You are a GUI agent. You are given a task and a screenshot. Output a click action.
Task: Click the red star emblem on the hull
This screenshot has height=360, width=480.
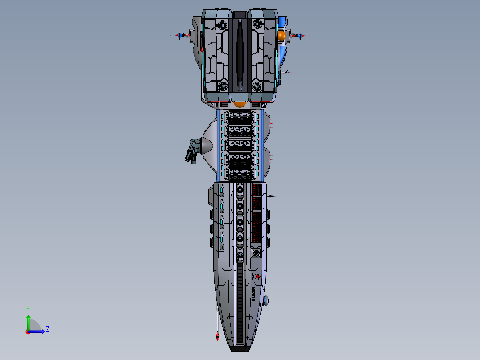click(257, 277)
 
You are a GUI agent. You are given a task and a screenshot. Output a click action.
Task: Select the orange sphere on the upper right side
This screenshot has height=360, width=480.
click(282, 36)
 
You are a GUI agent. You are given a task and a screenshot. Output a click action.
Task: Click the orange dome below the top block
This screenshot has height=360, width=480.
click(240, 104)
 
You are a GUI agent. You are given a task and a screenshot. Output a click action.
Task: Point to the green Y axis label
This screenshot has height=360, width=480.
click(28, 309)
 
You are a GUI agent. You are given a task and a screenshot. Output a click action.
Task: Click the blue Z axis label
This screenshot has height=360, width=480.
click(47, 329)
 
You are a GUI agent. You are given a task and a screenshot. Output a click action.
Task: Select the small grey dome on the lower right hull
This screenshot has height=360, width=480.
click(267, 301)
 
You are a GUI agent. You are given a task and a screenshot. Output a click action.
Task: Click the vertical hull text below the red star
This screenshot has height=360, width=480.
click(253, 294)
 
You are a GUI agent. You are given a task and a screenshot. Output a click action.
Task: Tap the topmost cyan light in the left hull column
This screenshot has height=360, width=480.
click(221, 191)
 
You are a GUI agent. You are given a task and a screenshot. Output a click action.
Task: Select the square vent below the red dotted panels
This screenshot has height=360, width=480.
click(256, 254)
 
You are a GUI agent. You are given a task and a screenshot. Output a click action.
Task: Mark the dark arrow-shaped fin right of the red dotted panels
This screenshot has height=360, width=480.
click(272, 196)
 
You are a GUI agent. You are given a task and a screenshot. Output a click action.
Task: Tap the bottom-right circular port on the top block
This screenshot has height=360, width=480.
click(256, 86)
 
